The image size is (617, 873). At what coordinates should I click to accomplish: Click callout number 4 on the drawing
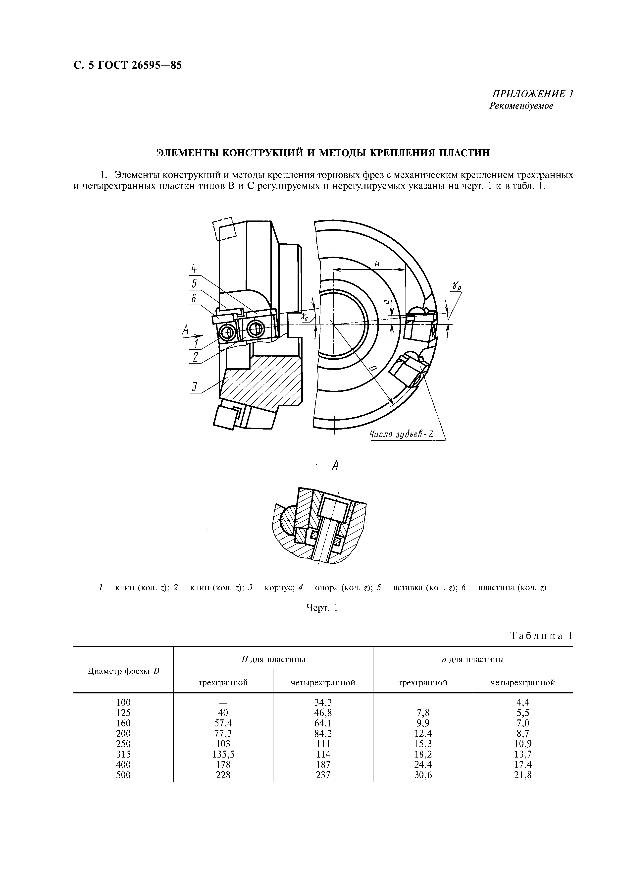click(x=194, y=270)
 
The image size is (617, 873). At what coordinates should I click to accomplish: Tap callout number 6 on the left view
click(x=194, y=299)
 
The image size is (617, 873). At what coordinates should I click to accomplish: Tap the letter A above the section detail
click(x=335, y=465)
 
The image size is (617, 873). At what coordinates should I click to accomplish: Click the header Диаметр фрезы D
click(x=123, y=671)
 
